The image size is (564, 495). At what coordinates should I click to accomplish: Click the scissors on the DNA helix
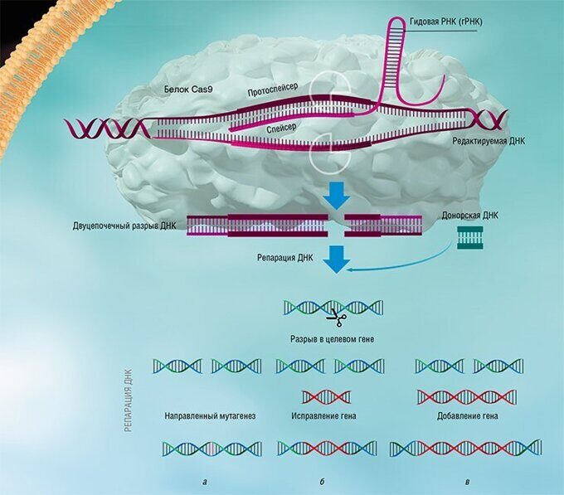pyautogui.click(x=335, y=315)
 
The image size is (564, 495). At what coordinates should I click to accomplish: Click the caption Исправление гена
pyautogui.click(x=324, y=415)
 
